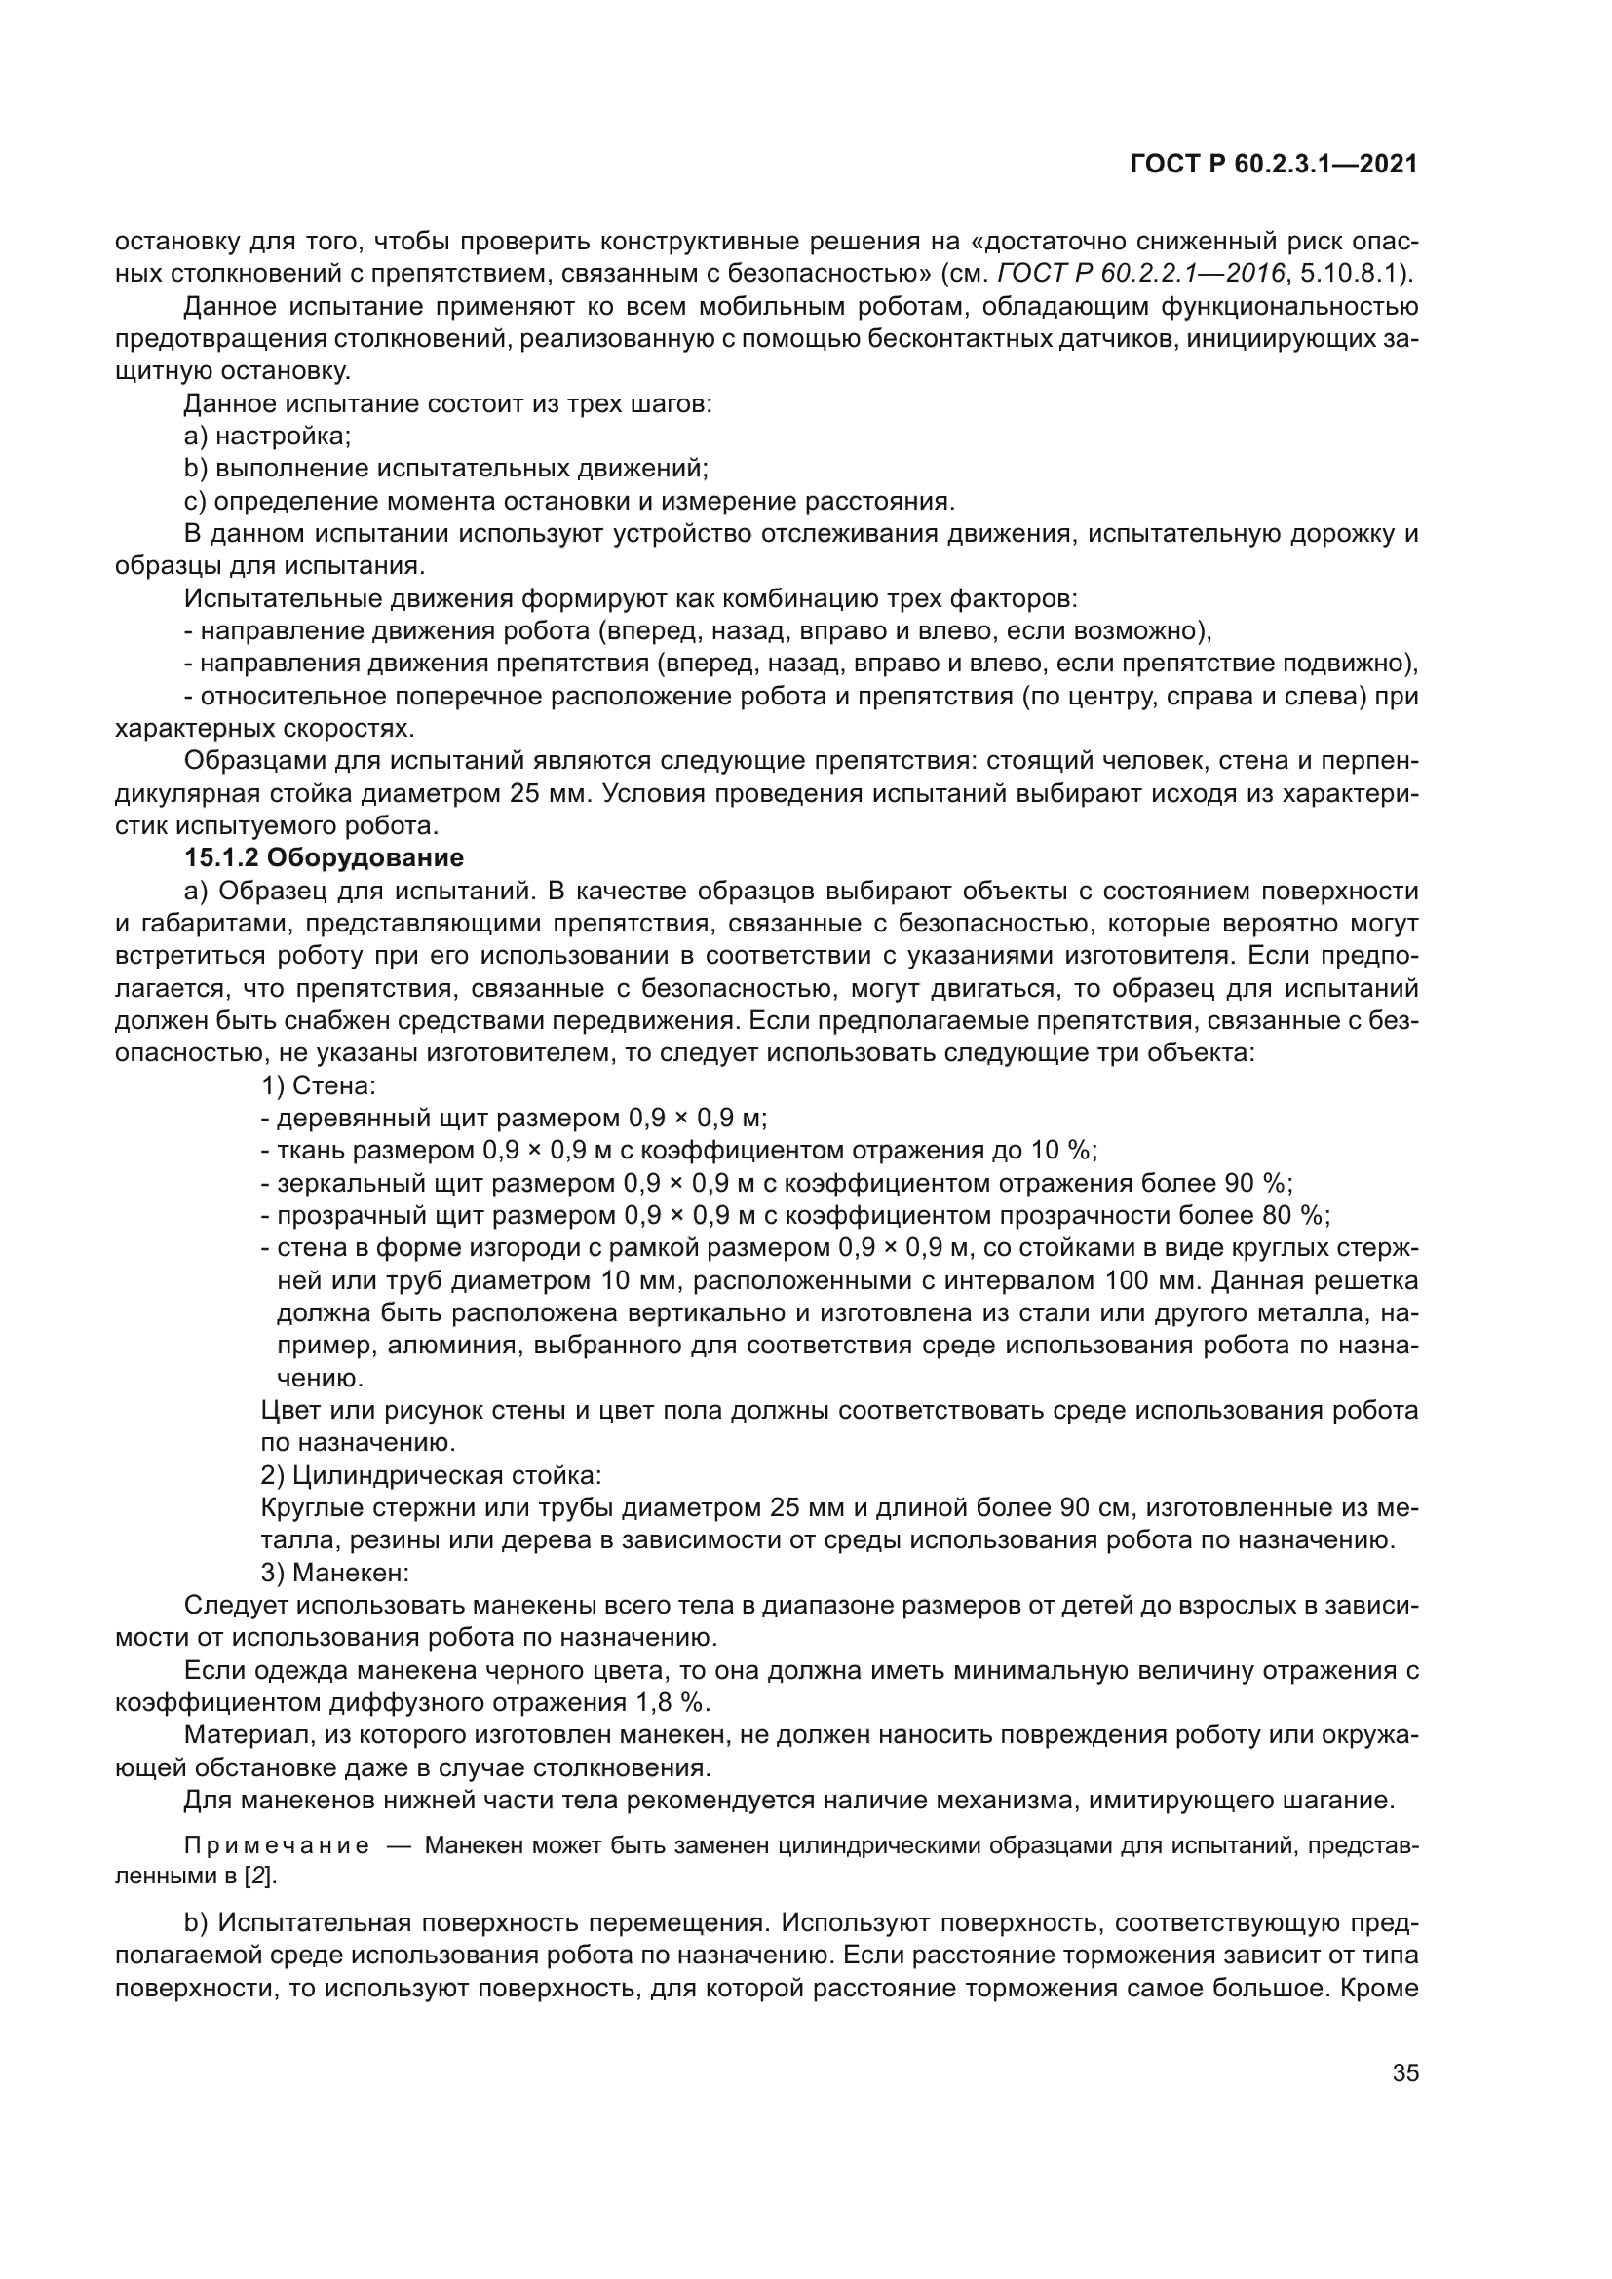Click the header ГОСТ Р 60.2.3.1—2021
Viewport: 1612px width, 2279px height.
click(1274, 165)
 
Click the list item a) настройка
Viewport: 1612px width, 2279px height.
click(268, 435)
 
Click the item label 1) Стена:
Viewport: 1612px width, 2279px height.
click(319, 1084)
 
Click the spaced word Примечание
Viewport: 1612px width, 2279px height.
click(277, 1846)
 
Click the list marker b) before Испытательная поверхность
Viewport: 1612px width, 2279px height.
click(196, 1923)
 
